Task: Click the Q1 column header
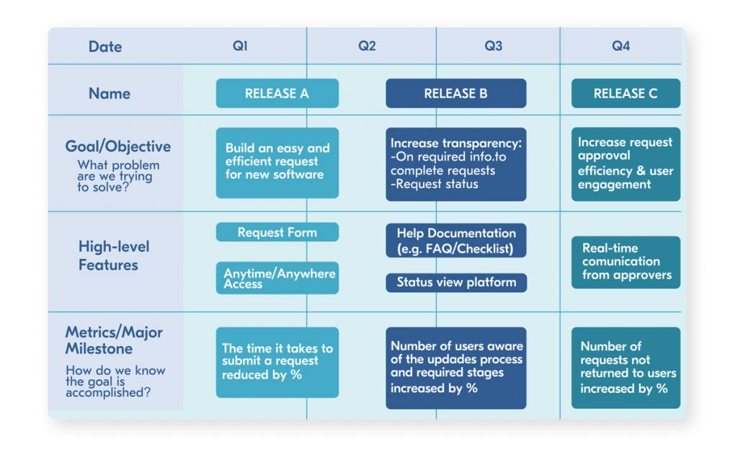(240, 46)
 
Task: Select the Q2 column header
(367, 46)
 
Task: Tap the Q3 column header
(493, 46)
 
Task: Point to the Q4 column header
(621, 46)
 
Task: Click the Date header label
(105, 47)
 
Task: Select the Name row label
(110, 94)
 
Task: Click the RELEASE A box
(277, 94)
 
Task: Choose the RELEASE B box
(455, 94)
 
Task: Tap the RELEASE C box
(625, 94)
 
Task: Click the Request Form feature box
(277, 232)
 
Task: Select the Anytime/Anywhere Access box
(277, 278)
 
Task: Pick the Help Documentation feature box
(455, 240)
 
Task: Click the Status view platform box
(455, 283)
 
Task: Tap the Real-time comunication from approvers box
(625, 262)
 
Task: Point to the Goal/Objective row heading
(118, 147)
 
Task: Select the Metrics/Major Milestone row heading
(114, 340)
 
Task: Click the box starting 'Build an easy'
(277, 162)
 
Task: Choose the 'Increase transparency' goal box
(455, 164)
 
